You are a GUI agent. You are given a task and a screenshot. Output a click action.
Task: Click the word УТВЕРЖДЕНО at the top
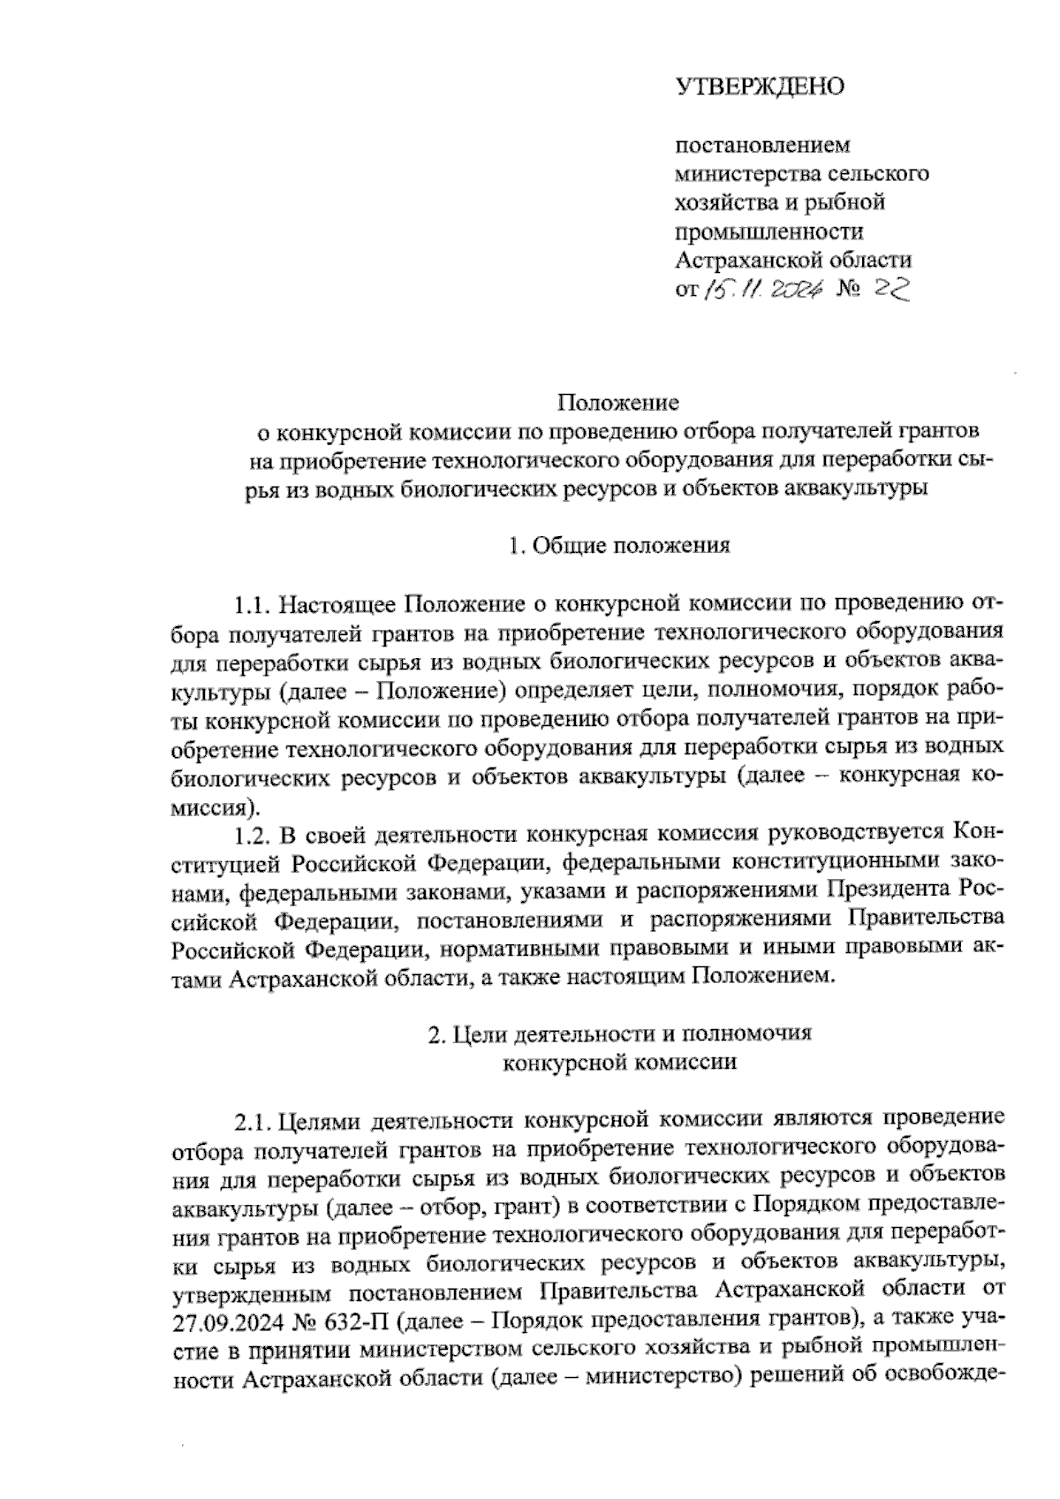coord(761,87)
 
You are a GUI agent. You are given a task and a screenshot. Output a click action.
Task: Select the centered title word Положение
coord(617,403)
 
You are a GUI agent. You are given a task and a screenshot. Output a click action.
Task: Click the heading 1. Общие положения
coord(619,545)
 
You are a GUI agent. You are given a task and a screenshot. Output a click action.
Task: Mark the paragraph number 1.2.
coord(251,834)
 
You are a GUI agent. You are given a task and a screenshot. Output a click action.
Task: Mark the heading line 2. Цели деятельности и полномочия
coord(618,1034)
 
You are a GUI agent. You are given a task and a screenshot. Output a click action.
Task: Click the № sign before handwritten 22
coord(853,289)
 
